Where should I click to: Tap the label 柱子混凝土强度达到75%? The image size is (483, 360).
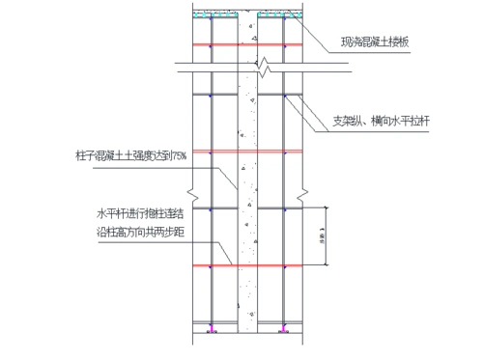click(x=140, y=153)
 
